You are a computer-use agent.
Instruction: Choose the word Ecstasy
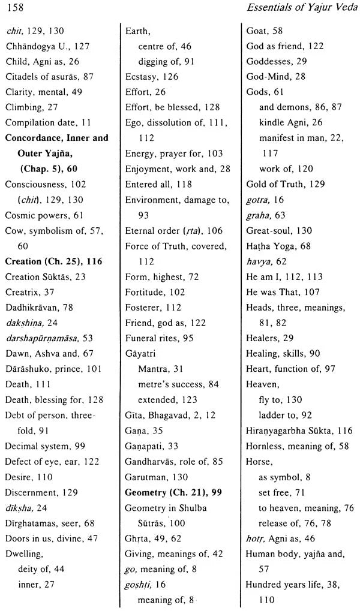click(x=140, y=76)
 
